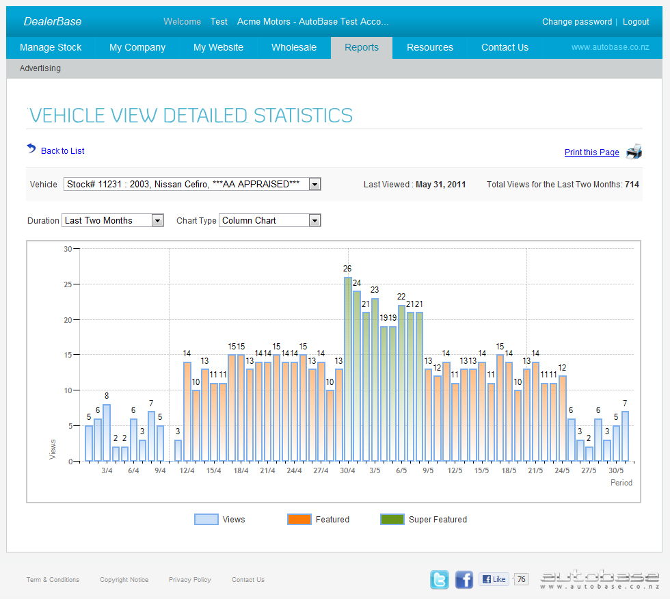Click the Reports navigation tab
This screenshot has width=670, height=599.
coord(361,47)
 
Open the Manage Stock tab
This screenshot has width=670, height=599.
coord(51,47)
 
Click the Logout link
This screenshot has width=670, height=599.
coord(636,22)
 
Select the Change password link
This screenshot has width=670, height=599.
coord(576,22)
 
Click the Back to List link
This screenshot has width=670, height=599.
coord(62,150)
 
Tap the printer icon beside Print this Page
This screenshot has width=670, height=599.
coord(634,152)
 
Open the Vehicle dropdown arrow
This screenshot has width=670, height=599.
coord(314,184)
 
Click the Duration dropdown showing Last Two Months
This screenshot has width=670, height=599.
coord(113,220)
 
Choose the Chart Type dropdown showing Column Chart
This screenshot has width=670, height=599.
coord(269,220)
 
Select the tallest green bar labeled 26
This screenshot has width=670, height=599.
coord(348,369)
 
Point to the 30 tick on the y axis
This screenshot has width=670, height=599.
coord(68,249)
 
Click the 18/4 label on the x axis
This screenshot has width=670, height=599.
coord(241,470)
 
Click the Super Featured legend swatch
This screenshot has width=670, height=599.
coord(392,520)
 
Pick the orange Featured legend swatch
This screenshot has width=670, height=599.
coord(299,520)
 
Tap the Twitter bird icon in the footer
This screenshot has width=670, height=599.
coord(440,580)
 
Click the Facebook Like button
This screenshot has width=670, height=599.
coord(494,579)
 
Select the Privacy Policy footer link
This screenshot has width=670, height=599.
coord(190,580)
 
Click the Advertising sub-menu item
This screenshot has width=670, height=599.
coord(40,68)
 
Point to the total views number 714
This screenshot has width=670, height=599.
coord(632,185)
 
